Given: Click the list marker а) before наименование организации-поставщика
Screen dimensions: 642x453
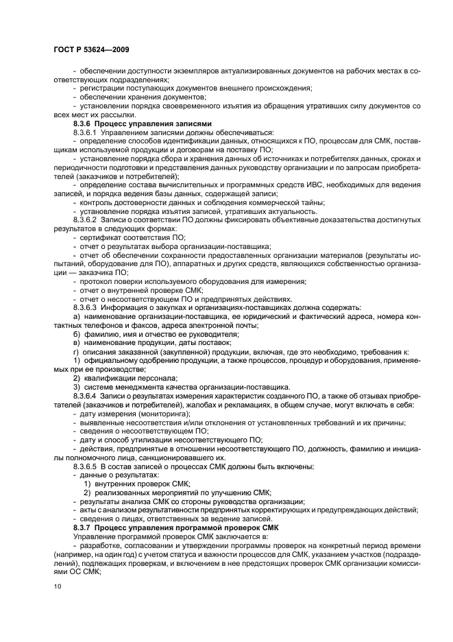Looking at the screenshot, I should pos(77,317).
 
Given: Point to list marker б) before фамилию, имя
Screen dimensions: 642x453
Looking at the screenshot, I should pos(77,334).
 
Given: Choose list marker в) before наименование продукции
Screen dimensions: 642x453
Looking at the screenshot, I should pos(77,342).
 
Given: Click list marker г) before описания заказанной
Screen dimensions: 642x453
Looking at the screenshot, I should pos(77,351).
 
